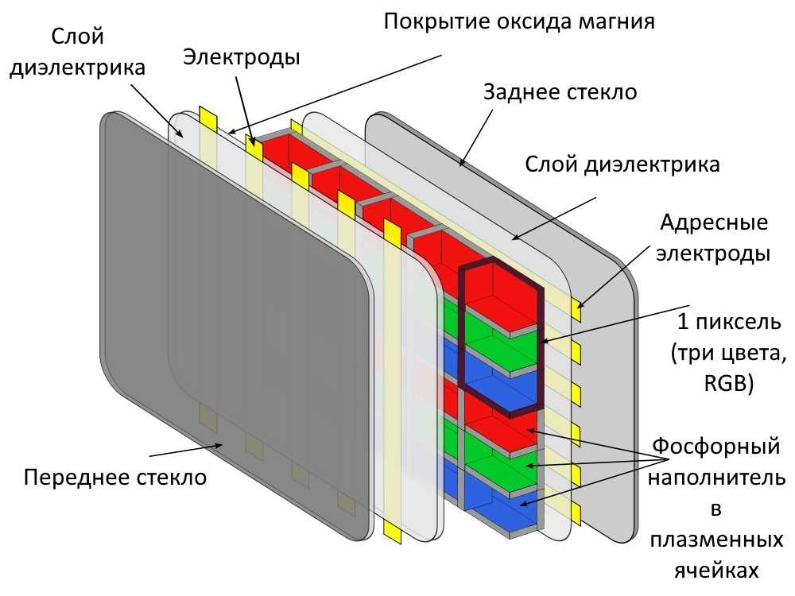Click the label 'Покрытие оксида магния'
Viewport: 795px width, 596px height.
[518, 21]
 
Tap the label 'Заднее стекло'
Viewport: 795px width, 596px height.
[560, 91]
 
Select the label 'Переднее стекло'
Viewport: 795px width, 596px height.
[115, 478]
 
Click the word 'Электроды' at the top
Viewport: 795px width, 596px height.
[242, 56]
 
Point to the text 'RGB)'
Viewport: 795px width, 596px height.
[728, 383]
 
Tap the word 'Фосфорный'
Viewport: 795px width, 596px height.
[715, 446]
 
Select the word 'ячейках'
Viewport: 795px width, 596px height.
[716, 571]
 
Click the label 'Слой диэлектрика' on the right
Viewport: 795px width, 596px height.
[622, 164]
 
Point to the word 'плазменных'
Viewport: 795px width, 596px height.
[716, 540]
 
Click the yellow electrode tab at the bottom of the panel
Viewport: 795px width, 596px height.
[393, 531]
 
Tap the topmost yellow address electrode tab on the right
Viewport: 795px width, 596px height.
[576, 308]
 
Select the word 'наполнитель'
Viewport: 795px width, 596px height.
[716, 478]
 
